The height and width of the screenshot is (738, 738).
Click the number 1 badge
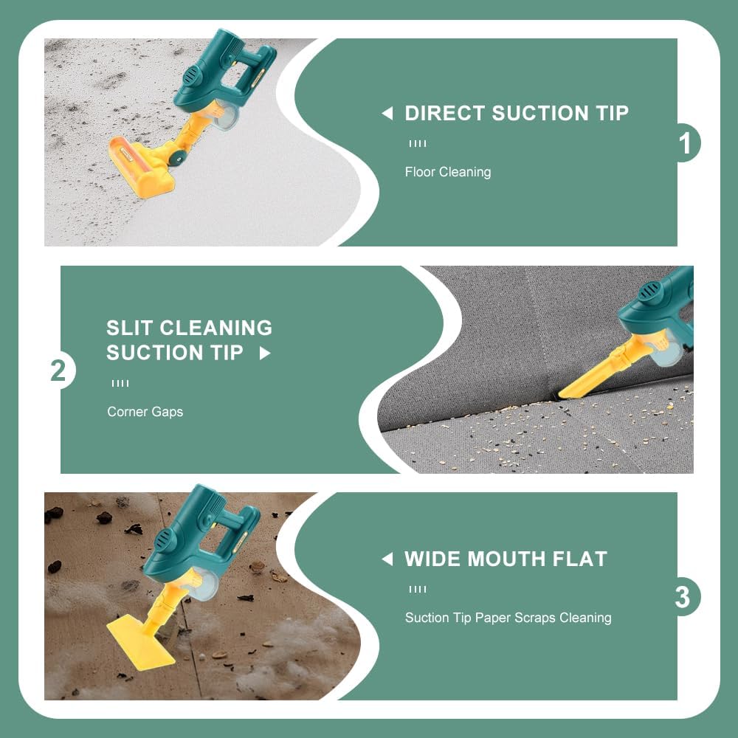click(686, 142)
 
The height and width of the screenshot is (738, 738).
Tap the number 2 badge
click(58, 370)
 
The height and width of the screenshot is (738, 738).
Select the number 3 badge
click(683, 597)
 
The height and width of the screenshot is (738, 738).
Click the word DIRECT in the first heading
click(445, 113)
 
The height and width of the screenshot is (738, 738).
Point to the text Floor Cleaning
click(448, 172)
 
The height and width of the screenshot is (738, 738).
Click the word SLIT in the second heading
click(129, 328)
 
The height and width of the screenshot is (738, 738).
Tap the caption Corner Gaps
click(145, 412)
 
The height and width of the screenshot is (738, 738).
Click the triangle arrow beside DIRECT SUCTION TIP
click(387, 113)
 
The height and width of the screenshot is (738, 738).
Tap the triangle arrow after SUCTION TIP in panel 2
click(265, 353)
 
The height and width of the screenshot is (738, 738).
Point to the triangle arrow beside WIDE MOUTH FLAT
click(387, 559)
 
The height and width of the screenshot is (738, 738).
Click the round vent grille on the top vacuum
click(192, 75)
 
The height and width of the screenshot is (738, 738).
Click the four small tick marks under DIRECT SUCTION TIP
click(418, 144)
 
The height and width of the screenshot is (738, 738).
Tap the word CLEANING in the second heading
click(216, 328)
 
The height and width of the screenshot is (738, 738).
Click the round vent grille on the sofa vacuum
click(649, 292)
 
